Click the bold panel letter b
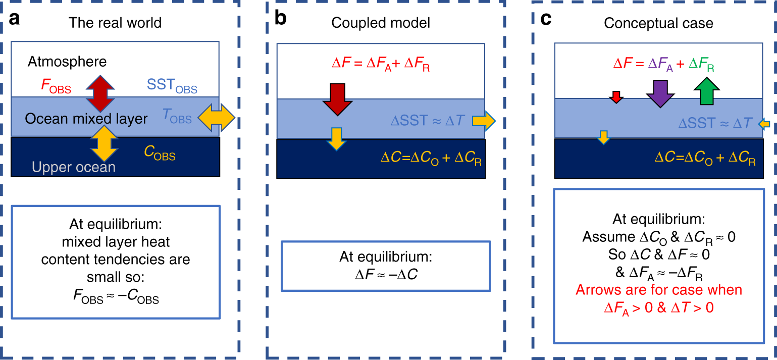[281, 19]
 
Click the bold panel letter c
[546, 19]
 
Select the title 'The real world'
[115, 23]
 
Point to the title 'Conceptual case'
[658, 23]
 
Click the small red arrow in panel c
[615, 97]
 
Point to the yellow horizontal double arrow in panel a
[216, 120]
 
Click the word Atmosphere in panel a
[67, 62]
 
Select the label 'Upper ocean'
[75, 167]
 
